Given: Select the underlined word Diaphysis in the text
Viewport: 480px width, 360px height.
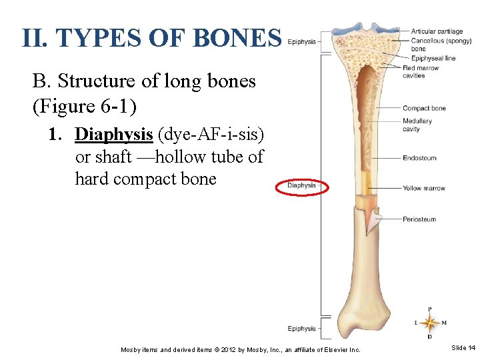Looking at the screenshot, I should pyautogui.click(x=114, y=134).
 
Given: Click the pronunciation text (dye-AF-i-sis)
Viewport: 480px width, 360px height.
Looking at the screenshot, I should pyautogui.click(x=210, y=134).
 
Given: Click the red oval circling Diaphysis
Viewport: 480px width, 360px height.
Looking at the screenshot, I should pyautogui.click(x=301, y=185).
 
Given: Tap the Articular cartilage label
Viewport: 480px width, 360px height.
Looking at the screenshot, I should pyautogui.click(x=437, y=31).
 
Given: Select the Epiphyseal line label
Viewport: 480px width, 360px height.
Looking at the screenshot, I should pyautogui.click(x=433, y=58).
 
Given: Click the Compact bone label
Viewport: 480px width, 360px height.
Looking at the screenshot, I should pyautogui.click(x=424, y=108).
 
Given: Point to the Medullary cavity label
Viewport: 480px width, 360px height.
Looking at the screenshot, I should pyautogui.click(x=417, y=125).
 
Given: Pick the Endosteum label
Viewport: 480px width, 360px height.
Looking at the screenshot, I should pyautogui.click(x=419, y=158).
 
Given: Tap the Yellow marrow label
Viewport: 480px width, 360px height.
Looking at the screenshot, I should pyautogui.click(x=423, y=188).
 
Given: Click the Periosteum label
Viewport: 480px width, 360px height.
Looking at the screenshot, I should pyautogui.click(x=419, y=219).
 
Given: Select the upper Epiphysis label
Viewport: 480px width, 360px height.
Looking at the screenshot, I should pyautogui.click(x=301, y=41).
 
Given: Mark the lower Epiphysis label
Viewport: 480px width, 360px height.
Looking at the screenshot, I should pyautogui.click(x=301, y=328).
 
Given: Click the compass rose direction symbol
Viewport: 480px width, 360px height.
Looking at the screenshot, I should pyautogui.click(x=430, y=323).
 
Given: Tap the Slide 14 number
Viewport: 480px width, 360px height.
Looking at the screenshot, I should pyautogui.click(x=463, y=348).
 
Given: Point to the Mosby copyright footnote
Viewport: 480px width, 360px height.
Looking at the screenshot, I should pyautogui.click(x=240, y=349).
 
